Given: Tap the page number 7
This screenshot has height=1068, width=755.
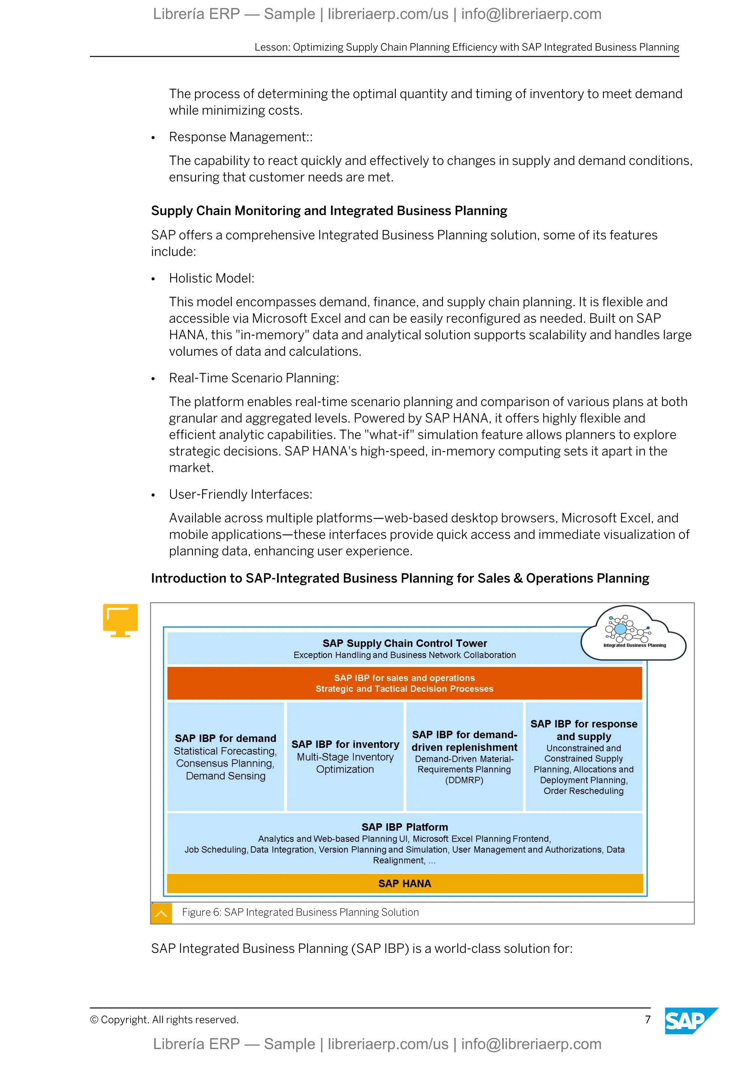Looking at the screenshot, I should coord(648,1020).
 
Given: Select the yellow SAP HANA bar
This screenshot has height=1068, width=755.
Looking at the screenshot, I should coord(404,883).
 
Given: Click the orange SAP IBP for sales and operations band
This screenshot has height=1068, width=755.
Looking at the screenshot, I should coord(404,683).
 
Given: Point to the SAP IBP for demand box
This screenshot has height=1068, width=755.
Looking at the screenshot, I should coord(226,756).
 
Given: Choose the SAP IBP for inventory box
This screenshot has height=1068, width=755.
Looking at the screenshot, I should coord(345,756).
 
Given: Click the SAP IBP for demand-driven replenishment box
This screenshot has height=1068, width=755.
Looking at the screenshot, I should coord(464,756).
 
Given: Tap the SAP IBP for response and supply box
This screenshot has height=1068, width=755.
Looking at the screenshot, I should coord(584,756).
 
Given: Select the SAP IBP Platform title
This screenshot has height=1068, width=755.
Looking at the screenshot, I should coord(404,827).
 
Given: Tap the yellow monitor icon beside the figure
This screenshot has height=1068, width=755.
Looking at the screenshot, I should coord(121,620).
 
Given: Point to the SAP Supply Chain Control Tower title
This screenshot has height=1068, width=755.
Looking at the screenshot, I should coord(404,643).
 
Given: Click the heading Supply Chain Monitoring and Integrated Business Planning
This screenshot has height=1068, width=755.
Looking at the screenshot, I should coord(329,211).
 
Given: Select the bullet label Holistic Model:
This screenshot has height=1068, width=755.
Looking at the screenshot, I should coord(212,278).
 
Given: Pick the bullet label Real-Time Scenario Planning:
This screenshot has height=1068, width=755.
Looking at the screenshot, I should coord(254,378).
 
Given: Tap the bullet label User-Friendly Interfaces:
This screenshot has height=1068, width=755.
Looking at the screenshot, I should coord(240,495).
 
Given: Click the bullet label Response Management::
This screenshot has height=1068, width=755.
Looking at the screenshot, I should coord(241,137).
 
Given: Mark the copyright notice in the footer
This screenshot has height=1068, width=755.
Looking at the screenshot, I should coord(164,1020).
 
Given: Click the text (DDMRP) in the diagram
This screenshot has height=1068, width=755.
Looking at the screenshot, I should coord(464,780).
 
